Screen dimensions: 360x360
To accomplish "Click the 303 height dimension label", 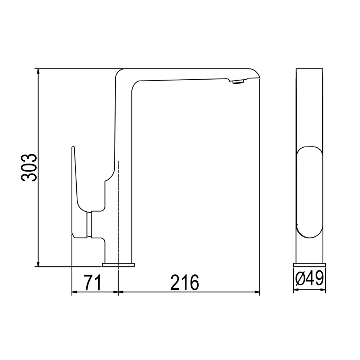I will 29,167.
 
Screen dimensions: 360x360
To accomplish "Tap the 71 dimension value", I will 92,282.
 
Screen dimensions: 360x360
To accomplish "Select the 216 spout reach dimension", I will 184,282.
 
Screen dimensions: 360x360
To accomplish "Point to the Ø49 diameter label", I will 310,278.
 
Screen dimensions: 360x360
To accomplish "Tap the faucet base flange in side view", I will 118,265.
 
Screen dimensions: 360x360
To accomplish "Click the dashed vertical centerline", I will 118,216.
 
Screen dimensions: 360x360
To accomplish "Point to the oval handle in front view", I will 310,193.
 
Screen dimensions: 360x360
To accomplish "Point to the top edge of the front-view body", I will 310,68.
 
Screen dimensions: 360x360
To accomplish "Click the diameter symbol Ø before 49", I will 300,278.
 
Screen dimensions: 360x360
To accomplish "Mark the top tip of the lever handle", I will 73,148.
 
